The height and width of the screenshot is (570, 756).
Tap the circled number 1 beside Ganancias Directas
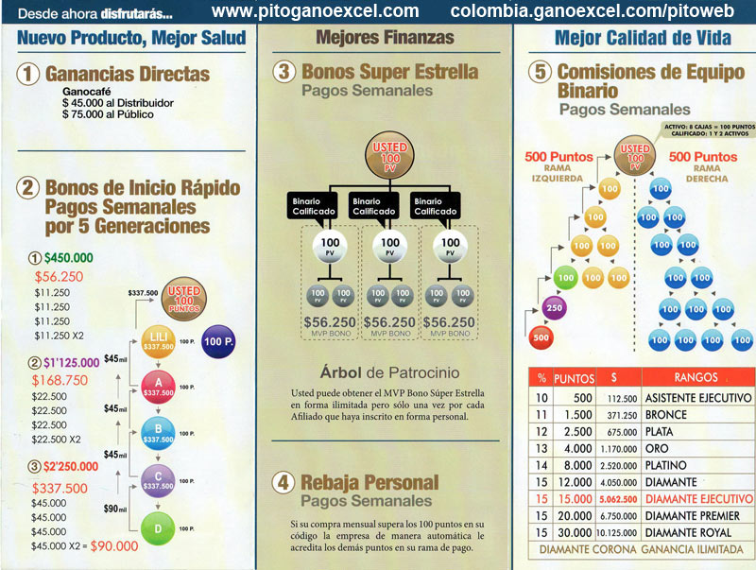tap(30, 73)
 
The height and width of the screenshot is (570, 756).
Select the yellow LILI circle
tap(155, 341)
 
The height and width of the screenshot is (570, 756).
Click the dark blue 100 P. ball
tap(219, 339)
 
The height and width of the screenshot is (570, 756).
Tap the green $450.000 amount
tap(66, 258)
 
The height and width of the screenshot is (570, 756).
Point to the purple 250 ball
tap(554, 308)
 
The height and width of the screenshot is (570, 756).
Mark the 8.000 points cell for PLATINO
tap(573, 466)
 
